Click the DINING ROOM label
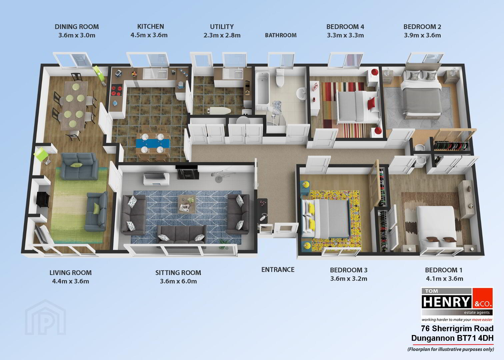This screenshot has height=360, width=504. pos(77,27)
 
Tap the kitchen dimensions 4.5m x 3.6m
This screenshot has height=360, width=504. pos(149,35)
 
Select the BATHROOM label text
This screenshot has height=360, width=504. pos(281,35)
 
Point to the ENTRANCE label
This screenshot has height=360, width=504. pos(278,270)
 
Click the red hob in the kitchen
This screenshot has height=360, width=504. pos(117,90)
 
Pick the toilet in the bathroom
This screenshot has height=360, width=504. pos(280,78)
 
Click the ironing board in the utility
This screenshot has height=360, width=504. pos(219,110)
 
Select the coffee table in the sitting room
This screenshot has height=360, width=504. pos(187,204)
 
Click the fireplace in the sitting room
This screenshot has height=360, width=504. pos(188,172)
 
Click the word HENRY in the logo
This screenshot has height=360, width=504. pos(446,302)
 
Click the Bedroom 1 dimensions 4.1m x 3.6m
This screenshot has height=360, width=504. pos(444,279)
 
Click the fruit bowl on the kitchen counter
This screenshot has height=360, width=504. pos(134,74)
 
